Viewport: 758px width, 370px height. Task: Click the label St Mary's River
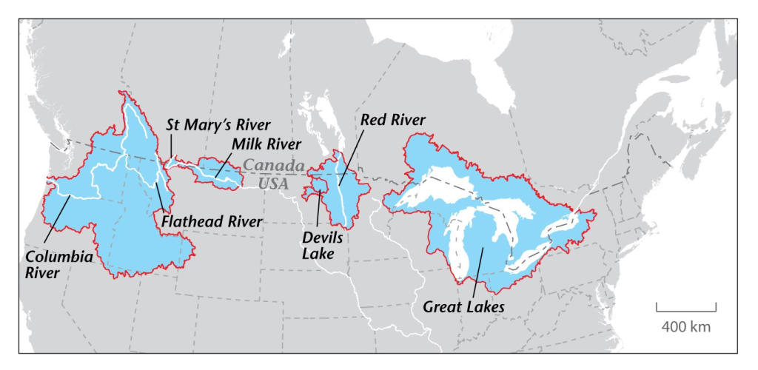click(218, 125)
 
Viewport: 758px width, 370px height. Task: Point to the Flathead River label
click(212, 221)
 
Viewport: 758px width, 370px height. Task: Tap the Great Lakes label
click(463, 306)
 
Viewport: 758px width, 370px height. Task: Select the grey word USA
click(273, 181)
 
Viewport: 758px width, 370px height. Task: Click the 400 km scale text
click(685, 326)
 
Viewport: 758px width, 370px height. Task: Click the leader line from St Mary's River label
click(172, 146)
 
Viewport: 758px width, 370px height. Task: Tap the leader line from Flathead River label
click(160, 195)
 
